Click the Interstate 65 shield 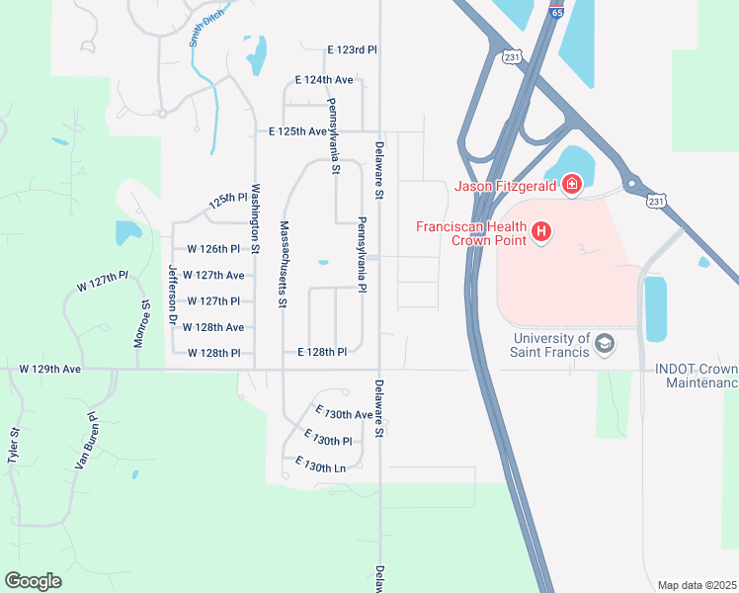(558, 13)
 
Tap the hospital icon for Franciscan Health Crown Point (541, 233)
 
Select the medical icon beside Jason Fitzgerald (571, 184)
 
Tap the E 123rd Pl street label (353, 49)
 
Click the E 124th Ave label (324, 79)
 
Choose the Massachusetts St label (283, 263)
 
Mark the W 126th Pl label (207, 249)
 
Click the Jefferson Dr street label (171, 295)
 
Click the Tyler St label (14, 446)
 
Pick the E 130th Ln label (320, 464)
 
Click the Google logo (33, 581)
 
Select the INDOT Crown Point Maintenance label (696, 376)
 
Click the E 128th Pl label (322, 352)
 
